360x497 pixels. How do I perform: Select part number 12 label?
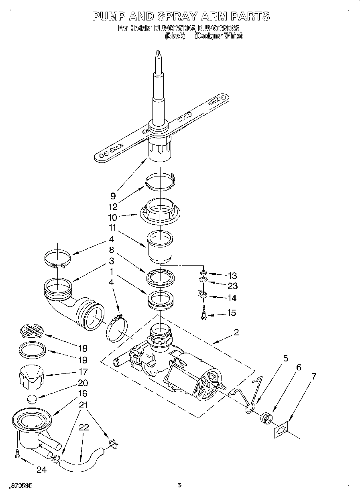click(113, 207)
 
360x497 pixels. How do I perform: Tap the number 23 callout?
click(232, 286)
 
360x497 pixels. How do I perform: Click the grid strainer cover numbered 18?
click(31, 332)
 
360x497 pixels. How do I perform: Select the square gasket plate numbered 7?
click(281, 430)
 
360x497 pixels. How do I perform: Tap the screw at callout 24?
click(16, 454)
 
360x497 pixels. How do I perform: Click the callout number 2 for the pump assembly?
click(236, 332)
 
